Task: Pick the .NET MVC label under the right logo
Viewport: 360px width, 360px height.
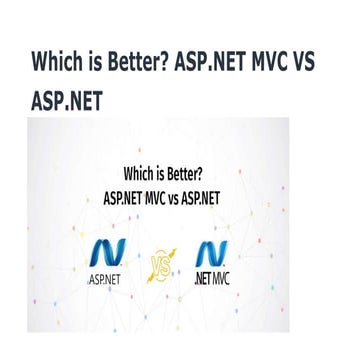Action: pos(212,280)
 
